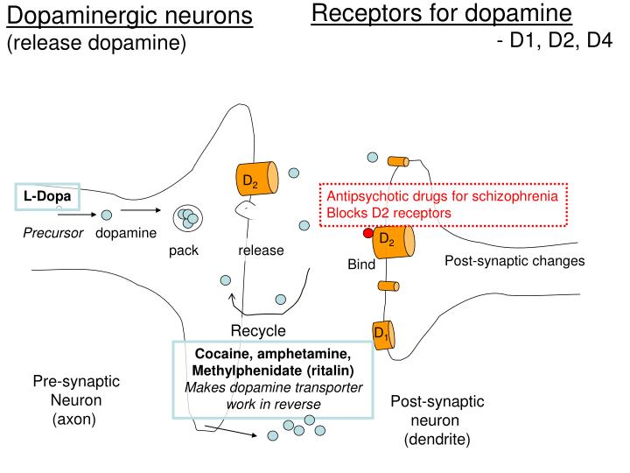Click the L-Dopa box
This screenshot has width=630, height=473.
(47, 197)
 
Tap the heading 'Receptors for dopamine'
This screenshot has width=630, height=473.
(442, 14)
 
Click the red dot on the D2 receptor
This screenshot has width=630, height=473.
(368, 233)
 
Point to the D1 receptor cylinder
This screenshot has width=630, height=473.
(383, 334)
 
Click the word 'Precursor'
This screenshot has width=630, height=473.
(53, 233)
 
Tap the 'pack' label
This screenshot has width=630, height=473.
(184, 251)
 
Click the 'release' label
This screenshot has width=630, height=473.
(261, 251)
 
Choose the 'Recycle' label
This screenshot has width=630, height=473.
(258, 330)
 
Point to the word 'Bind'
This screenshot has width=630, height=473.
(361, 265)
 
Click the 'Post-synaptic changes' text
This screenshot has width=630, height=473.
(514, 261)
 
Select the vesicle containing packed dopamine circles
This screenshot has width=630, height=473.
(186, 218)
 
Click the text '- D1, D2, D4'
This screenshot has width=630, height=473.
(553, 40)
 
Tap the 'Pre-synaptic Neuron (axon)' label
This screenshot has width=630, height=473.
(76, 400)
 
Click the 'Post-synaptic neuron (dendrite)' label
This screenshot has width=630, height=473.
(437, 420)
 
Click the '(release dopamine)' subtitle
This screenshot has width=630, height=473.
(97, 43)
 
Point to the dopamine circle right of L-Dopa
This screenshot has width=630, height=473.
(107, 214)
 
